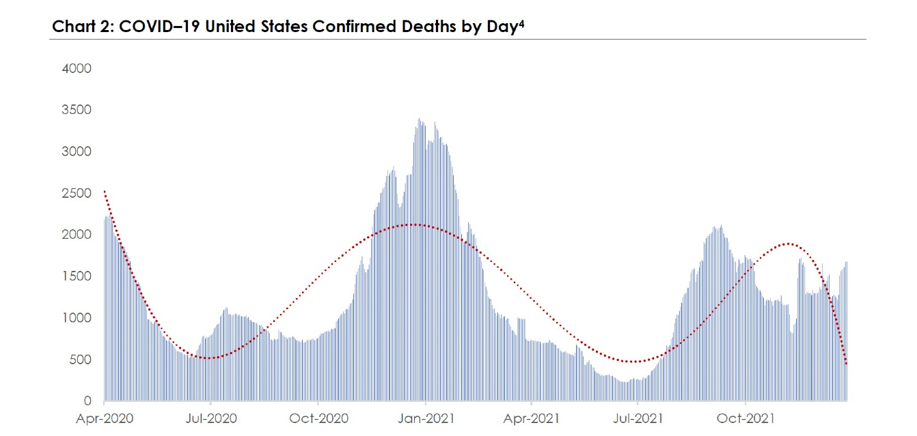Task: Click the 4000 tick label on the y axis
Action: pyautogui.click(x=77, y=69)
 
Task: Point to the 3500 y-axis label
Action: pyautogui.click(x=77, y=110)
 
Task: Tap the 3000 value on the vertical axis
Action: pyautogui.click(x=77, y=151)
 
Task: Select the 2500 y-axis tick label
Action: pyautogui.click(x=77, y=193)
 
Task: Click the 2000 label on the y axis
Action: pyautogui.click(x=77, y=235)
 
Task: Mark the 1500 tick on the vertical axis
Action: pyautogui.click(x=77, y=276)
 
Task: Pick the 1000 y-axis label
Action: pyautogui.click(x=77, y=318)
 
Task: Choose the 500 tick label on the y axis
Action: pyautogui.click(x=81, y=360)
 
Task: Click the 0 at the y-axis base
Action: pyautogui.click(x=87, y=401)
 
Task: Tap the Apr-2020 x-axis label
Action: pyautogui.click(x=105, y=418)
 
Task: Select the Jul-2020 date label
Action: pyautogui.click(x=211, y=418)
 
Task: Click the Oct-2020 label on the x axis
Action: pyautogui.click(x=318, y=418)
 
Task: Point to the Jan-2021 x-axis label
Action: pyautogui.click(x=425, y=418)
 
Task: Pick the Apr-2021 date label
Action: pyautogui.click(x=531, y=418)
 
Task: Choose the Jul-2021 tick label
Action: pyautogui.click(x=638, y=418)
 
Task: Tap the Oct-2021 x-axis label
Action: pyautogui.click(x=745, y=418)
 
